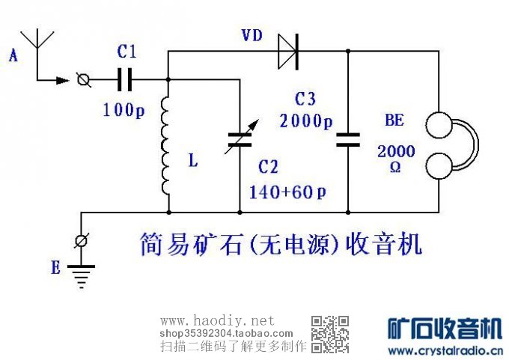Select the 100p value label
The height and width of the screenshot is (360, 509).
coord(124,109)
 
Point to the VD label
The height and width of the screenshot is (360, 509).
coord(252,35)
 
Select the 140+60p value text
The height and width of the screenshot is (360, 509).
coord(288,192)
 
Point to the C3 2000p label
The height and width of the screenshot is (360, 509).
coord(305,111)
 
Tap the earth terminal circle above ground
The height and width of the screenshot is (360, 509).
coord(81,241)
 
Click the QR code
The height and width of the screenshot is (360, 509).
coord(330,334)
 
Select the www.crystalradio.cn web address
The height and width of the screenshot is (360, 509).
coord(445,350)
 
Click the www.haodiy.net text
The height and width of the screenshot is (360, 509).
coord(218,320)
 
